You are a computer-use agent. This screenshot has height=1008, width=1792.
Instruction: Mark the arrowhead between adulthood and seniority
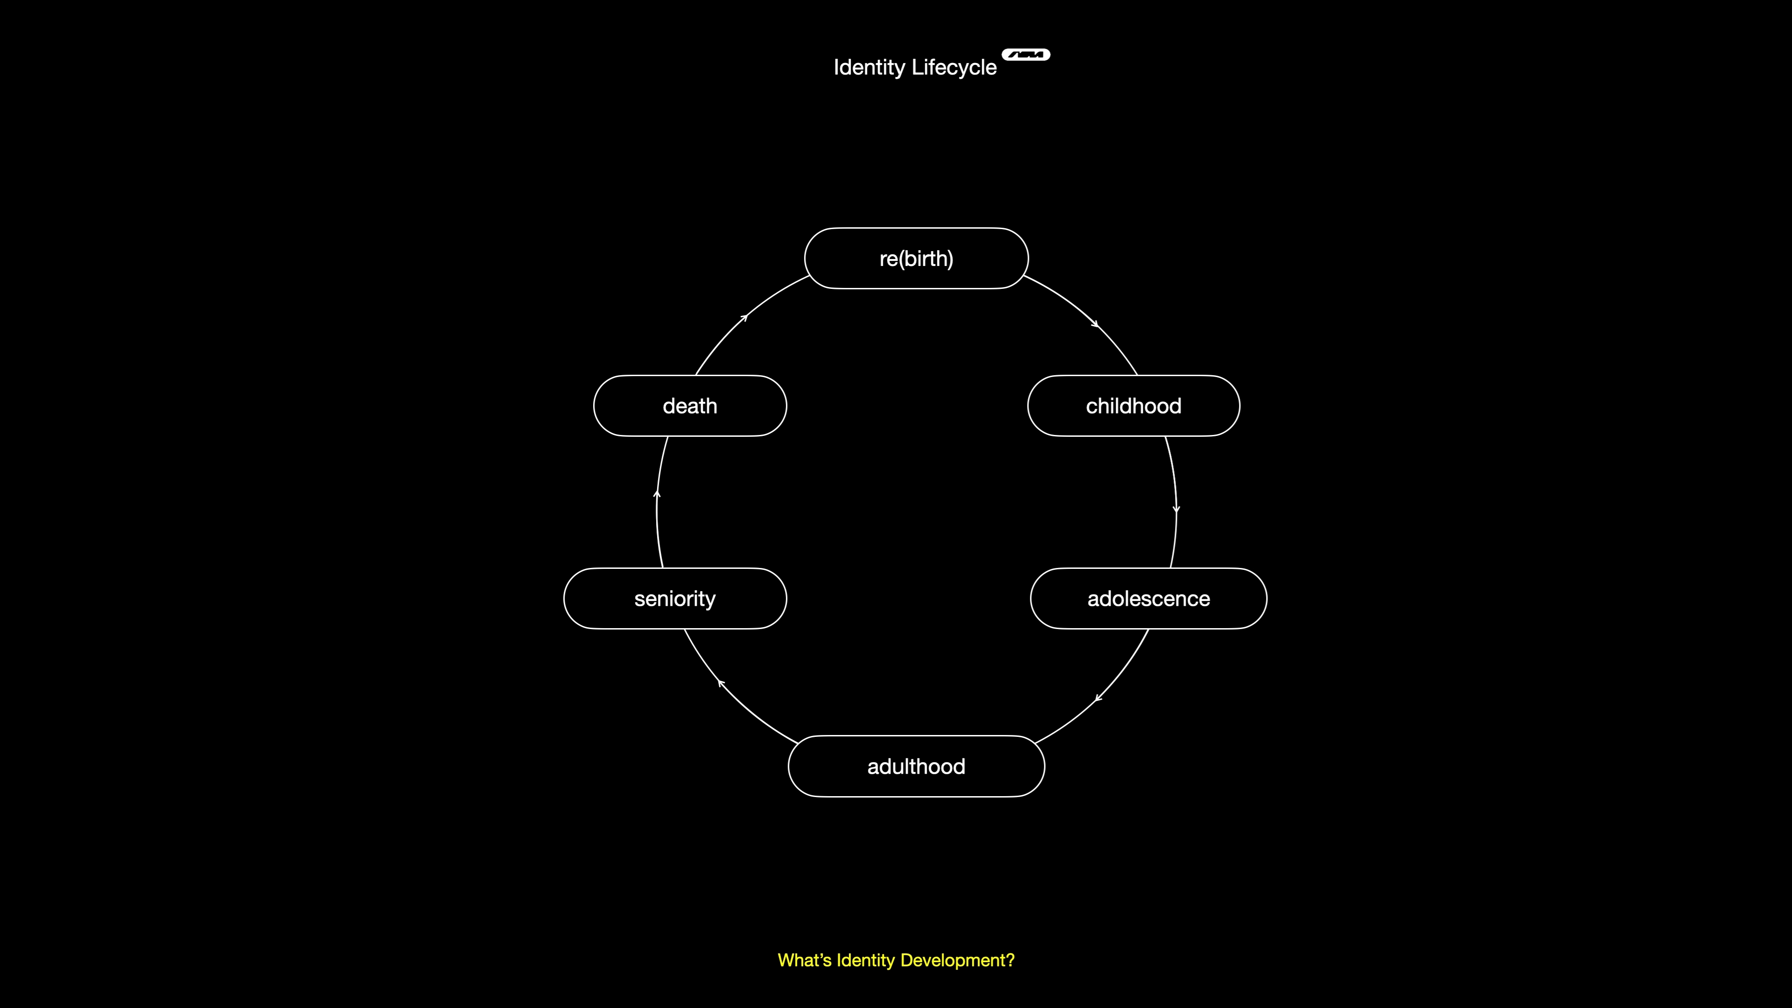click(721, 683)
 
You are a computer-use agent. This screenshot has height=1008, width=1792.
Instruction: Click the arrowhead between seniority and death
click(657, 494)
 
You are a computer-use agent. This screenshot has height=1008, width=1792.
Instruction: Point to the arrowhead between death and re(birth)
click(744, 317)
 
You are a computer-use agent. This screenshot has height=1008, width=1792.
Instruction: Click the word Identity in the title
click(869, 68)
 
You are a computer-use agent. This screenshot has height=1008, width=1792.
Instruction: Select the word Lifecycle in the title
click(954, 68)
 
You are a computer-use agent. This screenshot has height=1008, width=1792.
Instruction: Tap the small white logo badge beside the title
click(1026, 54)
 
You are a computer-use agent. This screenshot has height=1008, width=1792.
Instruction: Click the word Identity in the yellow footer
click(865, 961)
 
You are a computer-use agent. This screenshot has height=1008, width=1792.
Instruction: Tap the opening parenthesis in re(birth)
click(902, 259)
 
